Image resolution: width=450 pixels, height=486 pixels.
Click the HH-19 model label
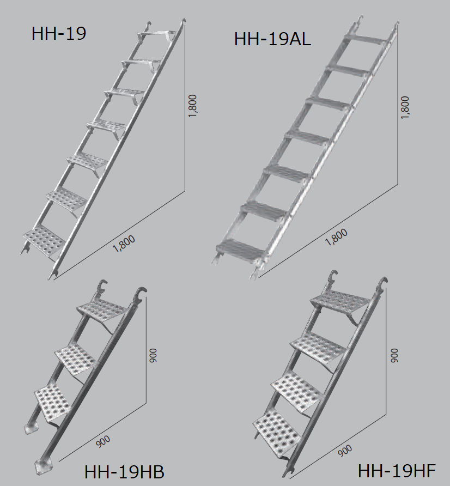[59, 33]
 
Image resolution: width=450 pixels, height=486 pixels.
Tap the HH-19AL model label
[272, 39]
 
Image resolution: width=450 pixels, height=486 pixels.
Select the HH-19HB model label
[124, 472]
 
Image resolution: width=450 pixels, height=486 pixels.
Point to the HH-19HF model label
[397, 471]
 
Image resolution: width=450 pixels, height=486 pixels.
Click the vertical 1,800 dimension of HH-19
[192, 106]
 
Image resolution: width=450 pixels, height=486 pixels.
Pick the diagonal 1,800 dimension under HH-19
[124, 244]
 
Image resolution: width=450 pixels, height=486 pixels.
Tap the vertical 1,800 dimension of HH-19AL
[405, 107]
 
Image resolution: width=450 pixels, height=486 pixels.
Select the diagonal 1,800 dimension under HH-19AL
[336, 237]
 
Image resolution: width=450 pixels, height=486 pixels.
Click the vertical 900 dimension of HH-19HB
[153, 356]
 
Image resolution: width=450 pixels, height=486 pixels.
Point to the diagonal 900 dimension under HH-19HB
[103, 441]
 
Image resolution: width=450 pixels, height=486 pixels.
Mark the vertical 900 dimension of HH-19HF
[394, 355]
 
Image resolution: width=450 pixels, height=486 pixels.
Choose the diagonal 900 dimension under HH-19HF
[345, 451]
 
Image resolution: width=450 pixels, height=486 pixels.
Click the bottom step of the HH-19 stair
[44, 240]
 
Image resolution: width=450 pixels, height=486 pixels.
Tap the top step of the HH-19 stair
[156, 34]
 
